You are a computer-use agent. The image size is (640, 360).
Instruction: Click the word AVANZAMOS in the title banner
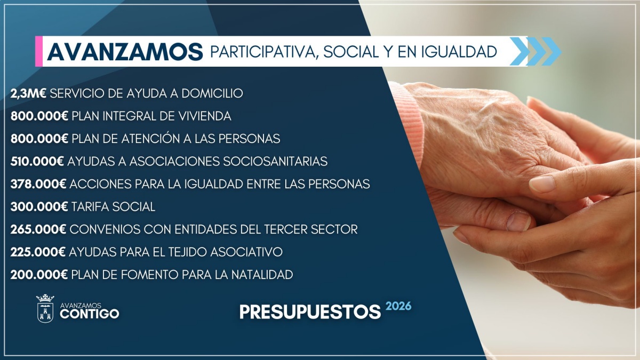coord(125,52)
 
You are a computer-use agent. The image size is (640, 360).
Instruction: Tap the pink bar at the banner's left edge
coord(39,51)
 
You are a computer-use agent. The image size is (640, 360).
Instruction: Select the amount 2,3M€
coord(28,93)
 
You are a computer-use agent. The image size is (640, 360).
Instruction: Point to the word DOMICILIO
coord(212,93)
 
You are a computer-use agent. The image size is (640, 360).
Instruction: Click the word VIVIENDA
coord(205,116)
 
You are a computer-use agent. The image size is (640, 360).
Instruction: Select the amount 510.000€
coord(37,162)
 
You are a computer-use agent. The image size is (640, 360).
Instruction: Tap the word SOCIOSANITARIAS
coord(275,162)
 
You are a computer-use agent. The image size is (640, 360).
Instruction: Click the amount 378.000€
coord(38,184)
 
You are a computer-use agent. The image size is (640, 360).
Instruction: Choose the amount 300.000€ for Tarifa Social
coord(39,207)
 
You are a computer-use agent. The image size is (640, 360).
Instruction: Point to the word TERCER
coord(286,229)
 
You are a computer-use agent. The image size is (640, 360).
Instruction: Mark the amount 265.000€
coord(38,229)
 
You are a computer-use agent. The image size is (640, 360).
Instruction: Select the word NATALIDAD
coord(262,275)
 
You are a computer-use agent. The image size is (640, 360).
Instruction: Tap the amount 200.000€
coord(39,275)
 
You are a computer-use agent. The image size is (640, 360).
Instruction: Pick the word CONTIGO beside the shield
coord(90,314)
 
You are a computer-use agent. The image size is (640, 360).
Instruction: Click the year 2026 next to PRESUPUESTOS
coord(398,306)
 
